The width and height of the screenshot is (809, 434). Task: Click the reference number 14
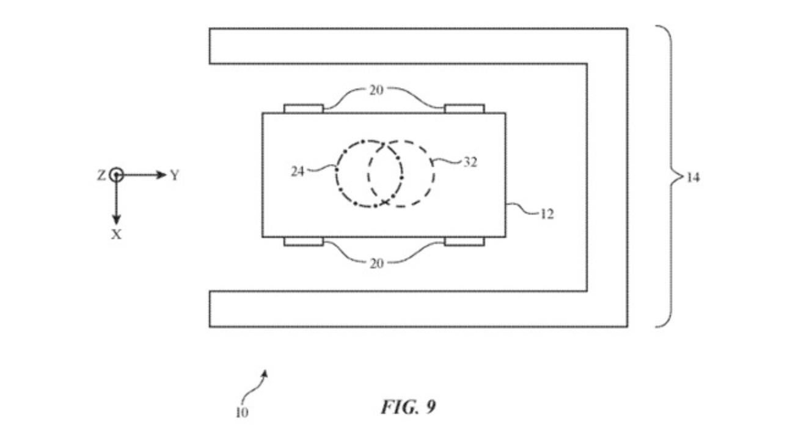tap(693, 177)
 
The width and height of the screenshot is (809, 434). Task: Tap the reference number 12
tap(547, 215)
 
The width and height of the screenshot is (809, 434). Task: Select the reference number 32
tap(470, 162)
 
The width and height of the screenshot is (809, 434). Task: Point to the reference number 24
tap(298, 171)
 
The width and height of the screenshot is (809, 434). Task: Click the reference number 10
tap(242, 413)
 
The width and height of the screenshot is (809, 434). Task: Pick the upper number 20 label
tap(376, 90)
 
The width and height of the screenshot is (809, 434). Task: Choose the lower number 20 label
tap(376, 263)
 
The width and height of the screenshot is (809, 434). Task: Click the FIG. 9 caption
tap(409, 406)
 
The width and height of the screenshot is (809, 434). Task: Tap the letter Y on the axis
tap(175, 175)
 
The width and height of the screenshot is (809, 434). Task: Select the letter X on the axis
tap(116, 235)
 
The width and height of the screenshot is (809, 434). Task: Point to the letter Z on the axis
tap(101, 175)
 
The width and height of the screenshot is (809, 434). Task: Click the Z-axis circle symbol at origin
tap(116, 175)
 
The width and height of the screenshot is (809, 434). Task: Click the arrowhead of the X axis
tap(116, 219)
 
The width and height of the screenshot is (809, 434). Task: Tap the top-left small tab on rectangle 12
tap(303, 109)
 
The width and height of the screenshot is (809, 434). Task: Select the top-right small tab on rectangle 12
tap(464, 109)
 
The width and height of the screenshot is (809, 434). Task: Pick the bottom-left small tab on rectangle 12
tap(303, 241)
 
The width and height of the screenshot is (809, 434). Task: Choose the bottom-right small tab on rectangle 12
tap(464, 241)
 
